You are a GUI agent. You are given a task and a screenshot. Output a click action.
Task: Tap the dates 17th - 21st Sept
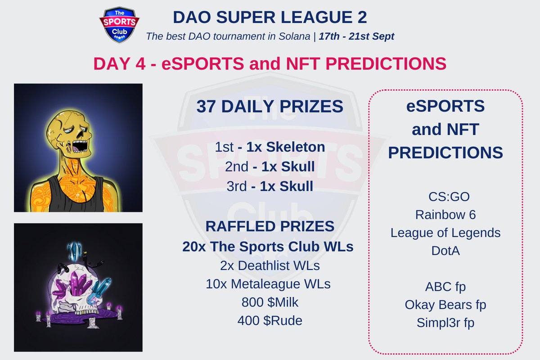pyautogui.click(x=356, y=36)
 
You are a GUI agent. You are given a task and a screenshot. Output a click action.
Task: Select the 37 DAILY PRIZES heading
pyautogui.click(x=270, y=107)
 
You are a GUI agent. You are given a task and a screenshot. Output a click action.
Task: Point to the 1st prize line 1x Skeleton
pyautogui.click(x=270, y=147)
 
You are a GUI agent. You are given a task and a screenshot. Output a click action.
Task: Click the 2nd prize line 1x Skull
pyautogui.click(x=270, y=166)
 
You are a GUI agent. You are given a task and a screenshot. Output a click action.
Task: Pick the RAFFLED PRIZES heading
pyautogui.click(x=270, y=226)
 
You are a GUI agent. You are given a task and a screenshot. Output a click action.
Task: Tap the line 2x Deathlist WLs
pyautogui.click(x=270, y=265)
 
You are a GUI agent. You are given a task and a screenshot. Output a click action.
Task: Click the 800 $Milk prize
pyautogui.click(x=270, y=302)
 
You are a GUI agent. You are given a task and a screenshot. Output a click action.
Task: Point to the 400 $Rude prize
pyautogui.click(x=270, y=321)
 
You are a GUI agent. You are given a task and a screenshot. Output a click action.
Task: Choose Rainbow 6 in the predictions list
pyautogui.click(x=445, y=215)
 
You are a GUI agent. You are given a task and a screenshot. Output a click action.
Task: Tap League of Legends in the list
pyautogui.click(x=445, y=233)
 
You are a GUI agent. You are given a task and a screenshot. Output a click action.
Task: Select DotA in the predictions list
pyautogui.click(x=445, y=251)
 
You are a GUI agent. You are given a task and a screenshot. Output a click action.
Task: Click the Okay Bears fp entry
pyautogui.click(x=445, y=305)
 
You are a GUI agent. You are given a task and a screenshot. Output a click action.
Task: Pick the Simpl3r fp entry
pyautogui.click(x=445, y=323)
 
